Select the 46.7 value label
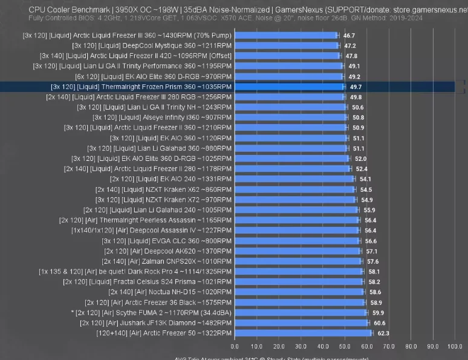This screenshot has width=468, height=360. pyautogui.click(x=349, y=36)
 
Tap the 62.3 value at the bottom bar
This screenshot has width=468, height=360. pyautogui.click(x=383, y=333)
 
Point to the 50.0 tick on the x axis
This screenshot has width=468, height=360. pyautogui.click(x=345, y=346)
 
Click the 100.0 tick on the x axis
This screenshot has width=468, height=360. pyautogui.click(x=455, y=346)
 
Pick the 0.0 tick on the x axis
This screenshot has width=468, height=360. pyautogui.click(x=235, y=346)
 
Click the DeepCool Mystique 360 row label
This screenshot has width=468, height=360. pyautogui.click(x=151, y=46)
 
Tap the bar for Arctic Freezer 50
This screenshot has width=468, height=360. pyautogui.click(x=303, y=333)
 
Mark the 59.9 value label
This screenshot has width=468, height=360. pyautogui.click(x=378, y=313)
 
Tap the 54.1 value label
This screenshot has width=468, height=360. pyautogui.click(x=365, y=179)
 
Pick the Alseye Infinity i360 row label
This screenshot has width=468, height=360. pyautogui.click(x=161, y=117)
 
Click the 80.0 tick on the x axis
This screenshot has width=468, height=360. pyautogui.click(x=411, y=346)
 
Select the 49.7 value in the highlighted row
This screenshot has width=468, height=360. pyautogui.click(x=356, y=87)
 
